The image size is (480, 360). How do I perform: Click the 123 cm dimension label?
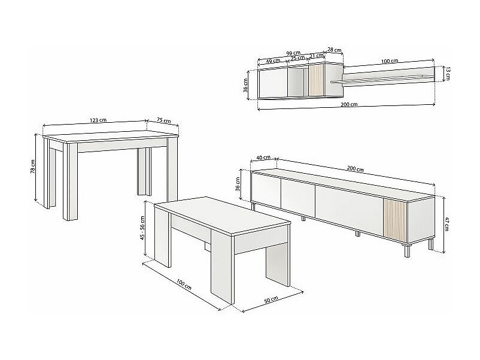[98, 120]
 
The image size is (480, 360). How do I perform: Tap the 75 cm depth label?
[164, 120]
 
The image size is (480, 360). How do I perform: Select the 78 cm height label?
[33, 167]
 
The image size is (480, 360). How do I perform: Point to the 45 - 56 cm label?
[142, 228]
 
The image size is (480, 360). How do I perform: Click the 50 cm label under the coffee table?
[271, 300]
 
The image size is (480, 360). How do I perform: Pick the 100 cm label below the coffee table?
[184, 284]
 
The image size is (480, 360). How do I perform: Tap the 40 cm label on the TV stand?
[263, 158]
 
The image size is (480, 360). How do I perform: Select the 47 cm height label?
[447, 224]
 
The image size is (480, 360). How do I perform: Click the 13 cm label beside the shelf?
[447, 74]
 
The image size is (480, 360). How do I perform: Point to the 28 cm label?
[335, 50]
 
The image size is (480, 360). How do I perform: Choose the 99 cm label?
[293, 53]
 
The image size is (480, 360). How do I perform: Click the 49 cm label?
[273, 60]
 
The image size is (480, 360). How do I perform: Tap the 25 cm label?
[297, 58]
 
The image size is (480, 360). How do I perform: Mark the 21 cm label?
[317, 56]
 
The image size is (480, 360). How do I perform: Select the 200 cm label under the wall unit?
[349, 104]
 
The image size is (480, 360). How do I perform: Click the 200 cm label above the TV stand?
[356, 168]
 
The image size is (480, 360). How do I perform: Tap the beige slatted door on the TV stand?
[395, 219]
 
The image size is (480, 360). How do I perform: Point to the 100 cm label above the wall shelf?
[390, 61]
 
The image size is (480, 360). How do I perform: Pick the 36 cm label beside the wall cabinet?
[245, 85]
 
